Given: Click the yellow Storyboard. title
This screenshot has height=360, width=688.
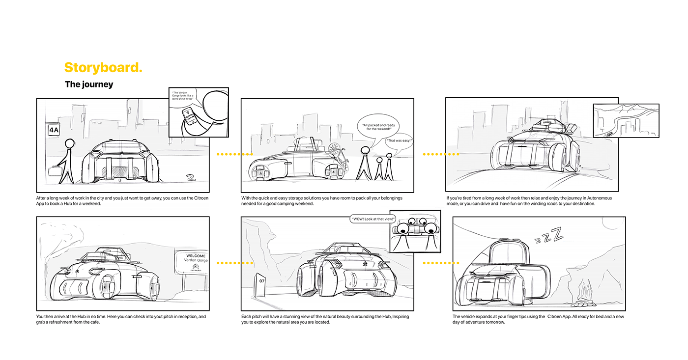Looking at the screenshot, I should pyautogui.click(x=103, y=68).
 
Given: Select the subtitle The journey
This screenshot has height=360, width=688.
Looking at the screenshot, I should pyautogui.click(x=89, y=84).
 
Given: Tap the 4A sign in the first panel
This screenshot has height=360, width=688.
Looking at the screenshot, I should pyautogui.click(x=53, y=130).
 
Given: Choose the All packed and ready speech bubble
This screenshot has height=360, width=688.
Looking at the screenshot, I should pyautogui.click(x=375, y=128).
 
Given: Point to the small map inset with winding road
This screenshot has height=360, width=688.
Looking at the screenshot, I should pyautogui.click(x=626, y=120).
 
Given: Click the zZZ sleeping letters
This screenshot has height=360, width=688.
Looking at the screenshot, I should pyautogui.click(x=549, y=237).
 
